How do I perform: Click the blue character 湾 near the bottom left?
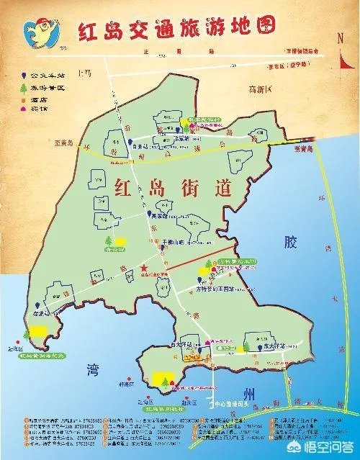[x=85, y=369]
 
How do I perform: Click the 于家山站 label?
[x=173, y=243]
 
